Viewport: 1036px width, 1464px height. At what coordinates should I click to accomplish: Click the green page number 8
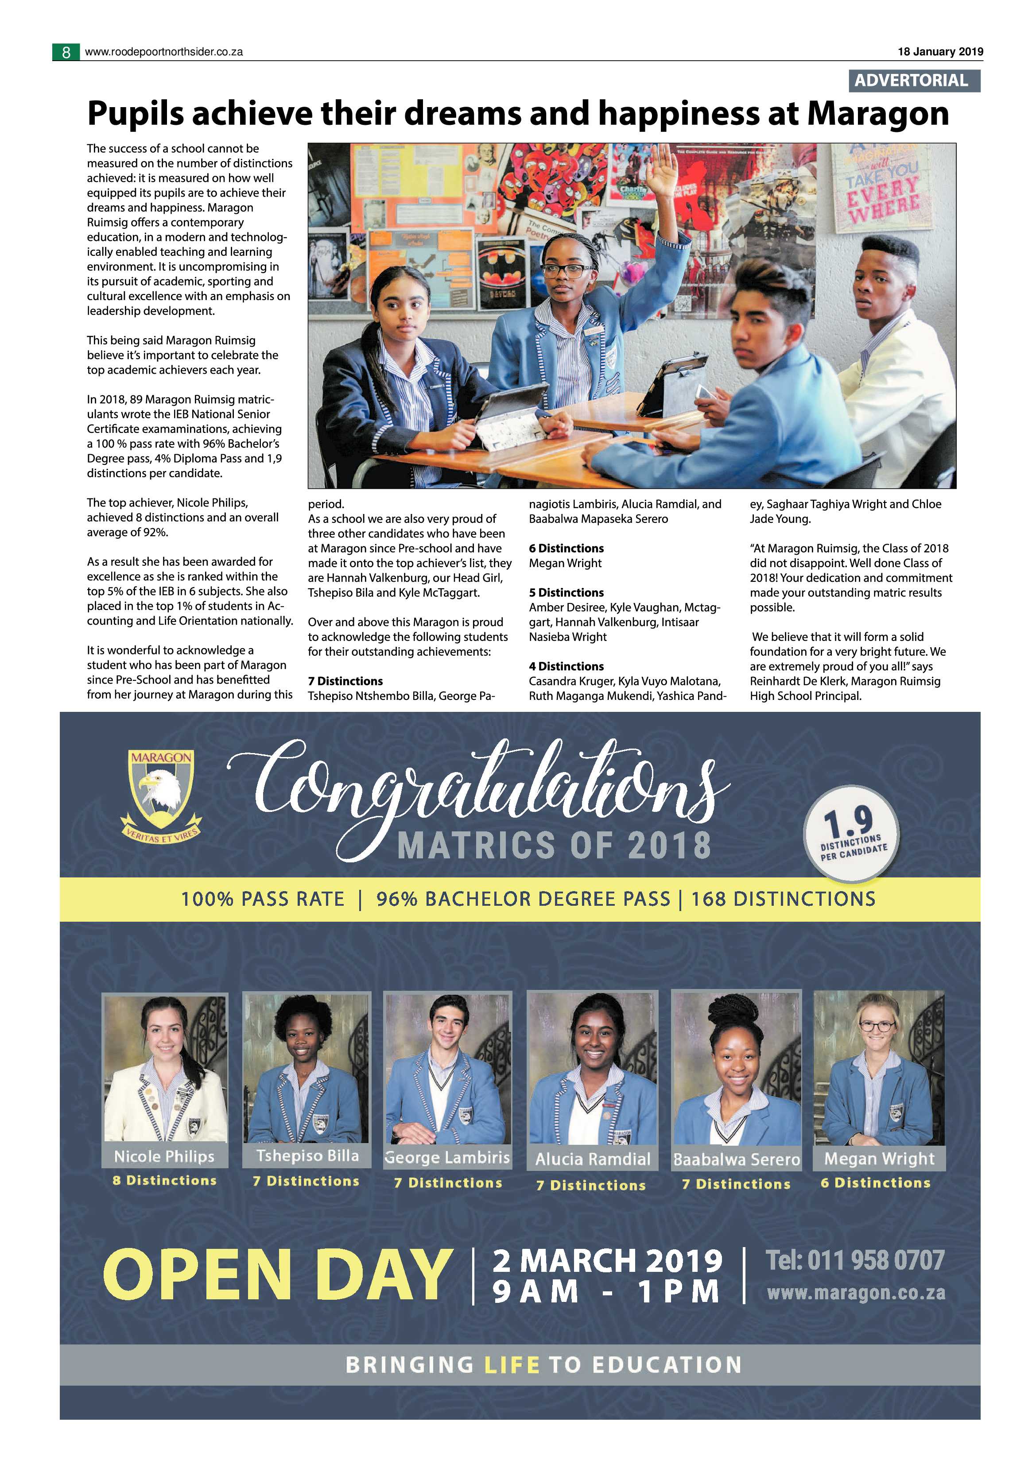coord(66,52)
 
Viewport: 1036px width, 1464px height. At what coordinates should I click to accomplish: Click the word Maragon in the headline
coord(878,114)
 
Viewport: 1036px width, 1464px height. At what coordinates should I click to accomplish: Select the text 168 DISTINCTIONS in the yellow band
coord(784,899)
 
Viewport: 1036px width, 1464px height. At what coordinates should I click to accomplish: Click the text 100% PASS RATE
coord(262,899)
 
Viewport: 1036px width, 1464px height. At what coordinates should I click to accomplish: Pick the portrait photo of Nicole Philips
coord(165,1069)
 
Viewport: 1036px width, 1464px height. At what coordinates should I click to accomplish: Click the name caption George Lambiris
coord(448,1157)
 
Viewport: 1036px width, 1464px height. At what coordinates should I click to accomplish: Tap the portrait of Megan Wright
coord(879,1069)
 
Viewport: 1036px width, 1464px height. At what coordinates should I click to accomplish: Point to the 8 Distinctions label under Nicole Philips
coord(165,1180)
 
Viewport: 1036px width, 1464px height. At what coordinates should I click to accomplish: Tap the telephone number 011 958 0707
coord(875,1260)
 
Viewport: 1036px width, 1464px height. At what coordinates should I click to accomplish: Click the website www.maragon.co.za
coord(855,1293)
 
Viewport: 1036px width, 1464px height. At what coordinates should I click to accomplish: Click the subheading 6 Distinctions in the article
coord(566,549)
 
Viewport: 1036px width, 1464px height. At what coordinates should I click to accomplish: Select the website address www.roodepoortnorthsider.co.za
coord(164,52)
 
